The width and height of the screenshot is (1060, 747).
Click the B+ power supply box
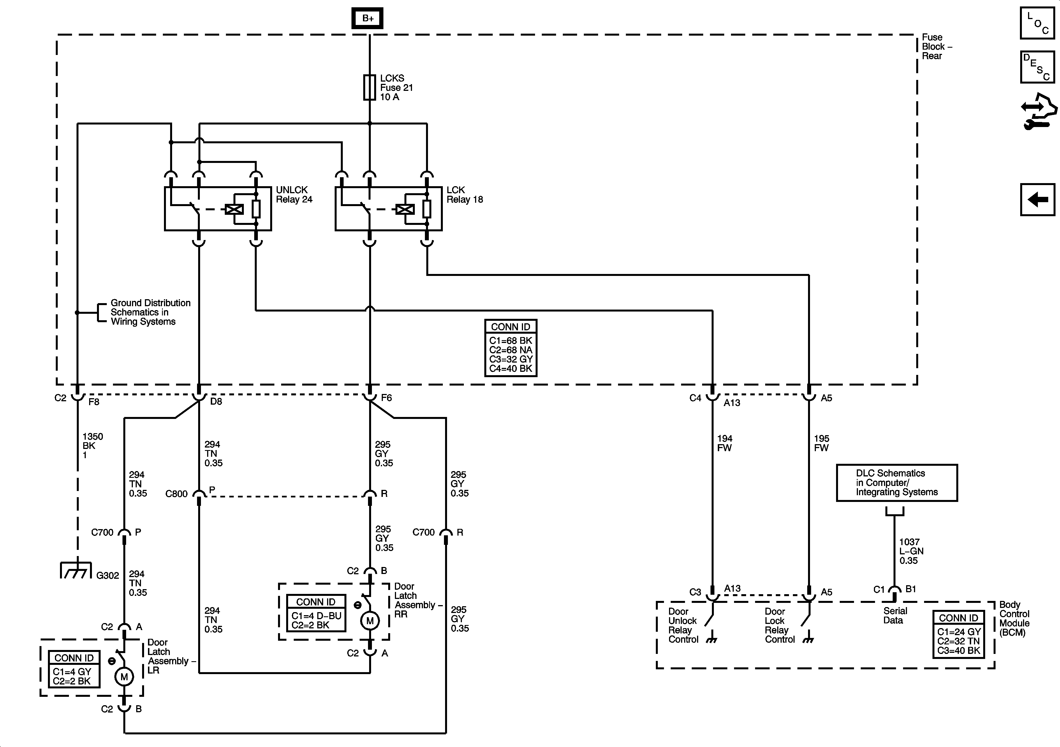[367, 19]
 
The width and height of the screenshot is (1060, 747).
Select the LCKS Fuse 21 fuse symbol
[369, 87]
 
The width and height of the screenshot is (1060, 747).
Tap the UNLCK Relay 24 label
[294, 195]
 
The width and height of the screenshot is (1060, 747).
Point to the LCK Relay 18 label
[464, 195]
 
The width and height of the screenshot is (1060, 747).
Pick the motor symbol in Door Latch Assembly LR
[124, 677]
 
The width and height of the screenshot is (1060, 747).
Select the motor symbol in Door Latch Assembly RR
[369, 621]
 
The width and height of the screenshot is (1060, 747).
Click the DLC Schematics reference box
[897, 483]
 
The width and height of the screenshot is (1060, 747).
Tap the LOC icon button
[1037, 23]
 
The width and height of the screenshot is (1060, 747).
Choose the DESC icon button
[1037, 67]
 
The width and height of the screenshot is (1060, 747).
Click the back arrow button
[1037, 200]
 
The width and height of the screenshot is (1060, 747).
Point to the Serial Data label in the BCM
[895, 615]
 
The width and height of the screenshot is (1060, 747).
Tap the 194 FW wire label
[724, 443]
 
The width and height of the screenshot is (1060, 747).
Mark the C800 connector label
[176, 494]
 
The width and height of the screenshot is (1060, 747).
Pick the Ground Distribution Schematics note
[150, 312]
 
